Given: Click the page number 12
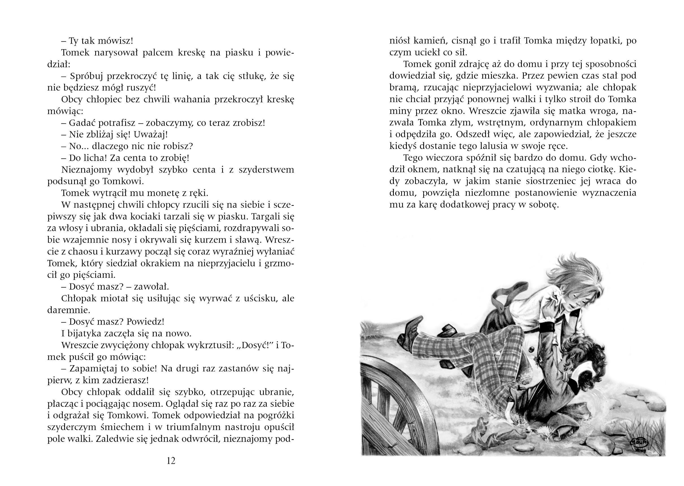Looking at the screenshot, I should [x=171, y=461].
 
